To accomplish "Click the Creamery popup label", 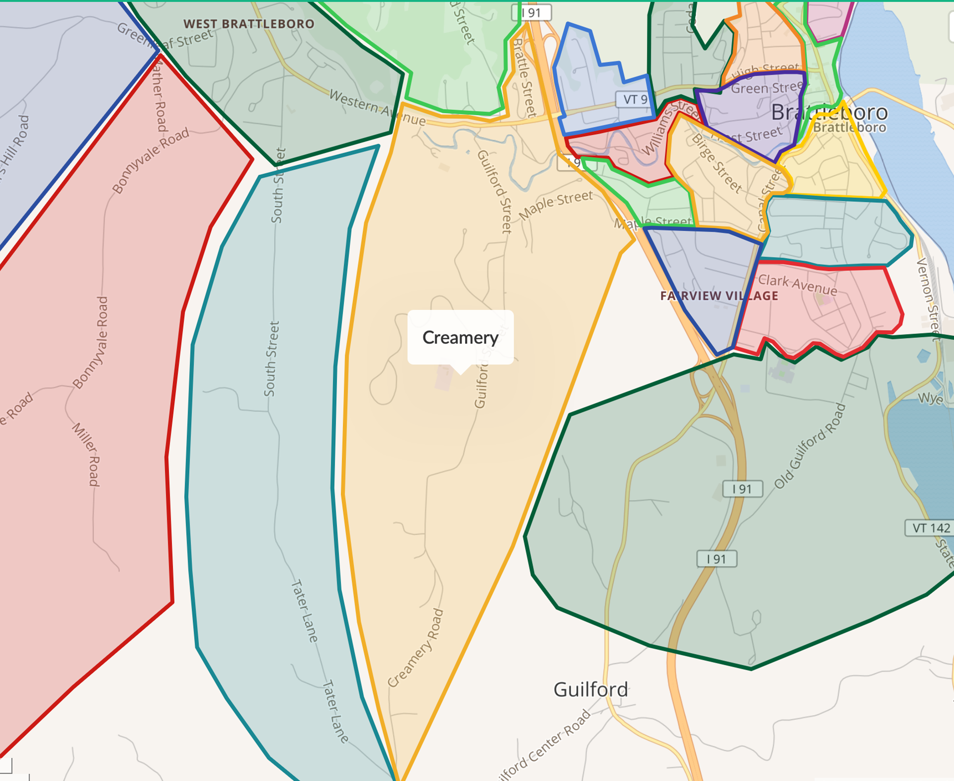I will tap(460, 337).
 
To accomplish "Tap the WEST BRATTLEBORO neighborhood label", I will tap(249, 24).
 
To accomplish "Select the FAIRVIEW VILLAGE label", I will tap(719, 296).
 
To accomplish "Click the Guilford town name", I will tap(590, 689).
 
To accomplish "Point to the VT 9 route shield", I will tap(635, 99).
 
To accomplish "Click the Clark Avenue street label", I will tap(797, 285).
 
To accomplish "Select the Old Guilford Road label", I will tap(810, 446).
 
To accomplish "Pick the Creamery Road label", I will tap(416, 648).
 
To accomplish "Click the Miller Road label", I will tap(86, 454).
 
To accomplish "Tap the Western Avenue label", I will tap(377, 108).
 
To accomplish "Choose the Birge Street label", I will tap(717, 163).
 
